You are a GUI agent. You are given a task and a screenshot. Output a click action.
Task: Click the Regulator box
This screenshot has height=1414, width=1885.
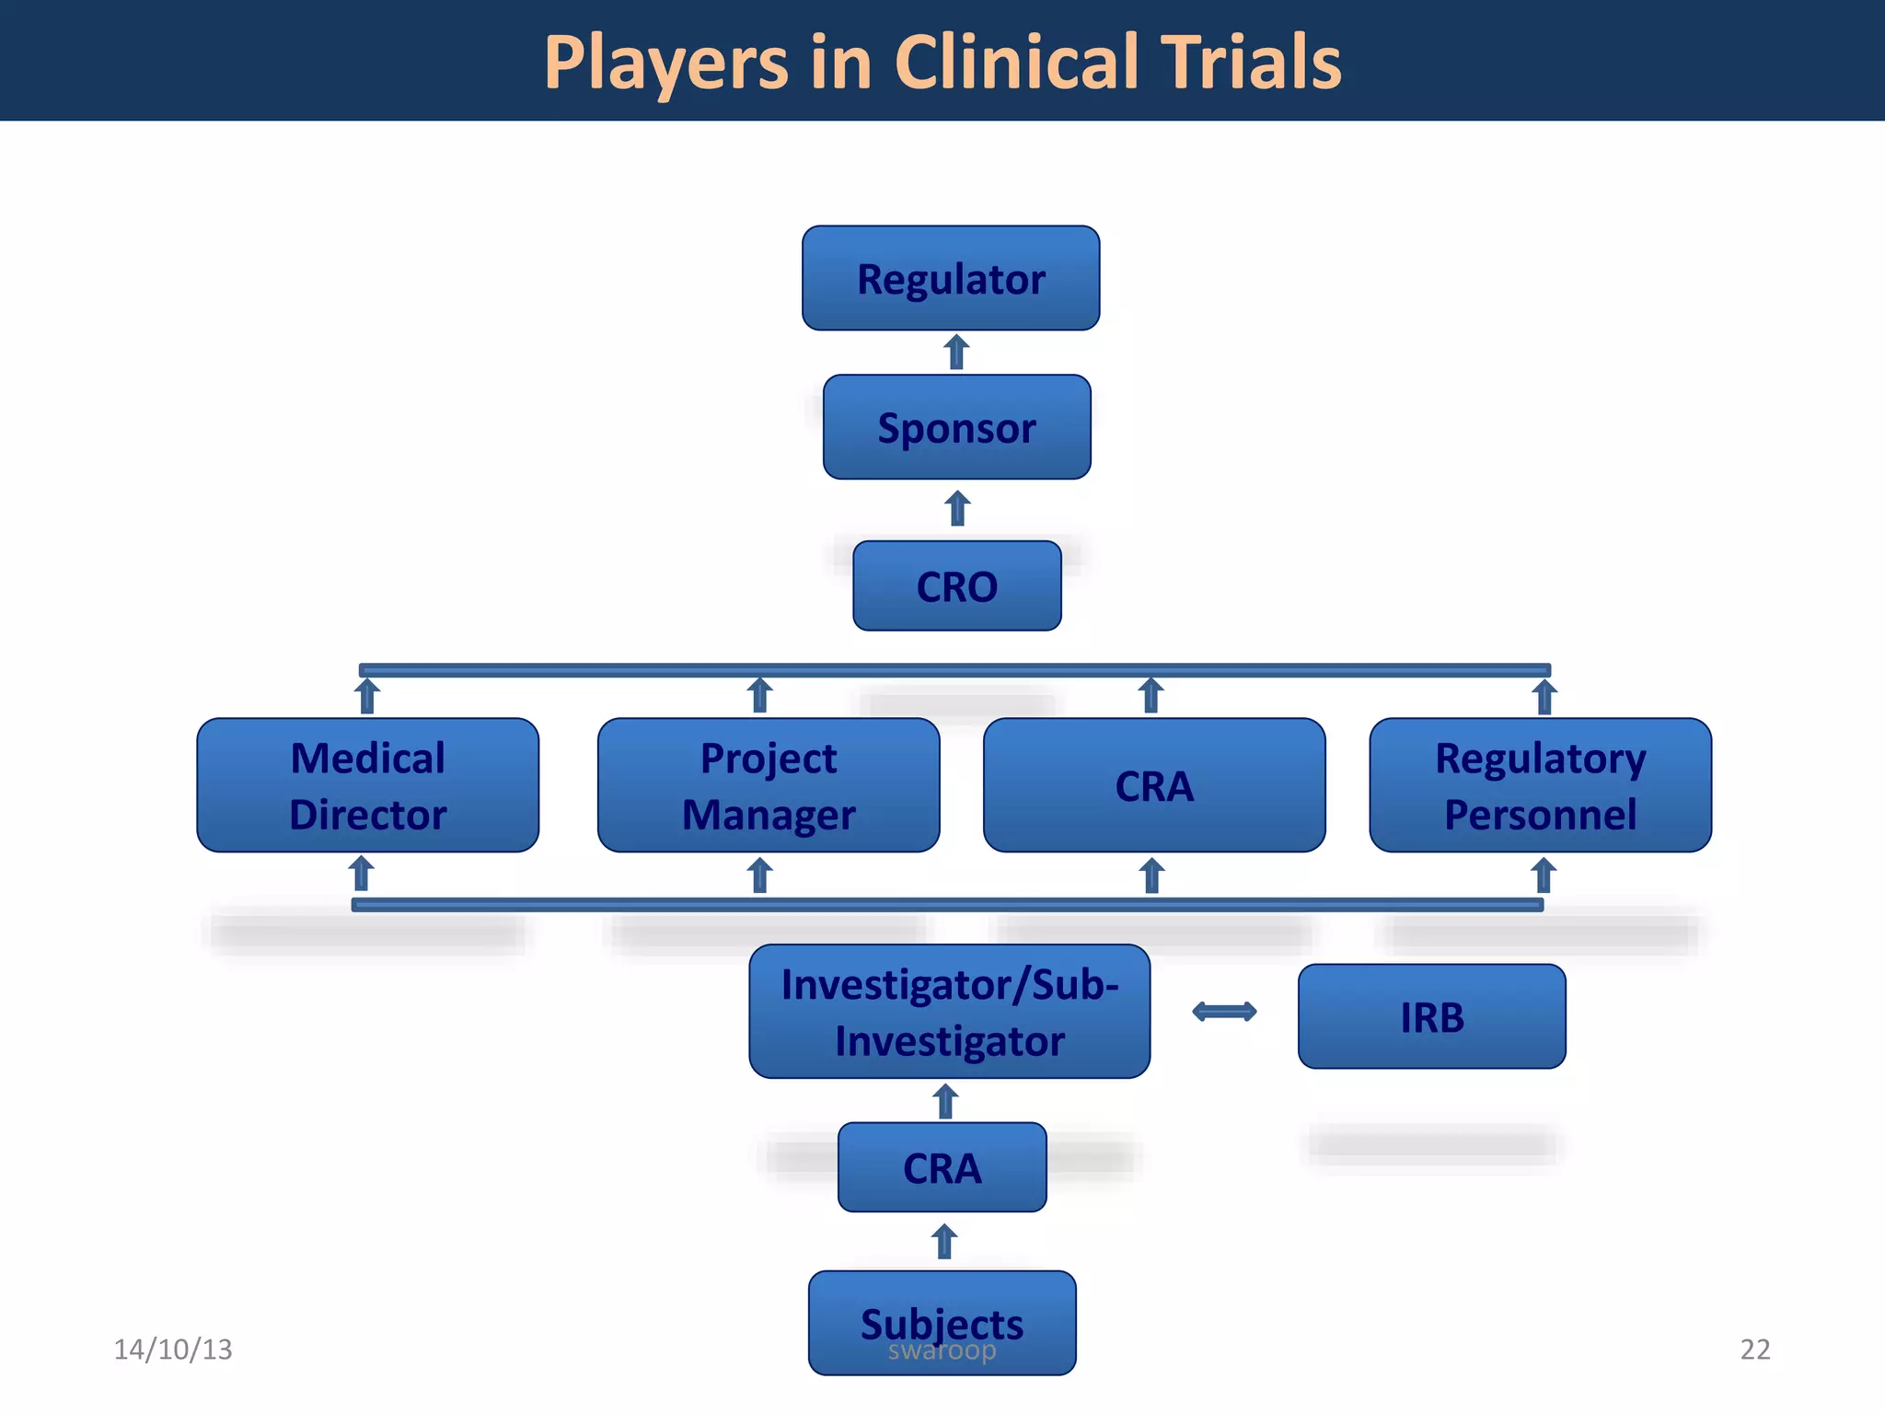tap(951, 278)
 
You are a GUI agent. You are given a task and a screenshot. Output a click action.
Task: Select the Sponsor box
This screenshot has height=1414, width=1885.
tap(956, 427)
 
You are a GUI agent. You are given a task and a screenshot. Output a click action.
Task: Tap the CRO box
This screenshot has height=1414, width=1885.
tap(956, 585)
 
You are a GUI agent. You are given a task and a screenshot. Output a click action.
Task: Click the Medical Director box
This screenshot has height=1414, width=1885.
tap(367, 785)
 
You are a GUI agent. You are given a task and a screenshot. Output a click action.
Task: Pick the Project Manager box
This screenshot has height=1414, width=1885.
tap(769, 785)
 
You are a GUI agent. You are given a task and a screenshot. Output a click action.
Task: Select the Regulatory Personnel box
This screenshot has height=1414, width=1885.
tap(1540, 785)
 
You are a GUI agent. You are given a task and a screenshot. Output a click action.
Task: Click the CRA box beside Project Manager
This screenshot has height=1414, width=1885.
tap(1154, 785)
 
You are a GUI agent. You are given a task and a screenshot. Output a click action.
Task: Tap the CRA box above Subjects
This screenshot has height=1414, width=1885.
tap(942, 1167)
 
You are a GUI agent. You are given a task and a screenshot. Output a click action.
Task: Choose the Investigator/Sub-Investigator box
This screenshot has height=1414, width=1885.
tap(949, 1012)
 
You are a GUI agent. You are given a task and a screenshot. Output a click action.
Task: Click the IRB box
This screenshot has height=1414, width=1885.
tap(1431, 1016)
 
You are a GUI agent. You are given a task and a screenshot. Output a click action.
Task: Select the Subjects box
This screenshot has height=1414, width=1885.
tap(942, 1322)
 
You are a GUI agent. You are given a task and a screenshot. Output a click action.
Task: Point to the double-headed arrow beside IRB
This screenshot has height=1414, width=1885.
tap(1223, 1012)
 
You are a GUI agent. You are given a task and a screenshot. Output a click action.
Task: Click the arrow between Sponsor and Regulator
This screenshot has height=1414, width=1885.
tap(956, 353)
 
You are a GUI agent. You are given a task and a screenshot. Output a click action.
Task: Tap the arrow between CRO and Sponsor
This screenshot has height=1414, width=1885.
tap(957, 508)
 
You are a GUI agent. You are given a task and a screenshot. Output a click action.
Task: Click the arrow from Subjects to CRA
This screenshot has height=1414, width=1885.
tap(944, 1241)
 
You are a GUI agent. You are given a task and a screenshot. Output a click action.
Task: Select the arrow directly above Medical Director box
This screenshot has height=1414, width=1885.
tap(367, 696)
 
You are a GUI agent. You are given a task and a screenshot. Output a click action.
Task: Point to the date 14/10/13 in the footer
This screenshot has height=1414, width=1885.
tap(172, 1350)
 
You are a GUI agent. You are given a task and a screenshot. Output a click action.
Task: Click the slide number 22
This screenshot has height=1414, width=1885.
tap(1754, 1350)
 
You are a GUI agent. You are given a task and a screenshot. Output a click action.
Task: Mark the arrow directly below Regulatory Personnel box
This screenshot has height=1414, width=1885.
tap(1544, 875)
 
